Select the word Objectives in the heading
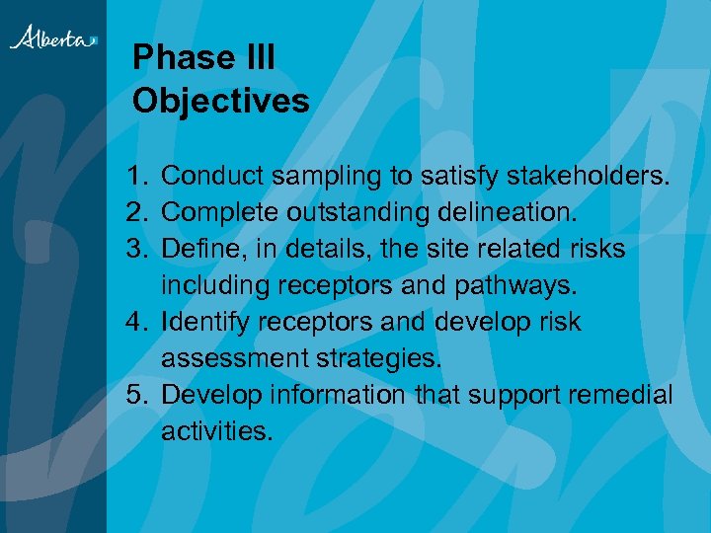220,101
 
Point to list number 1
136,176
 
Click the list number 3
136,249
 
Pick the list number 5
136,395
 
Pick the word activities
214,431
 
